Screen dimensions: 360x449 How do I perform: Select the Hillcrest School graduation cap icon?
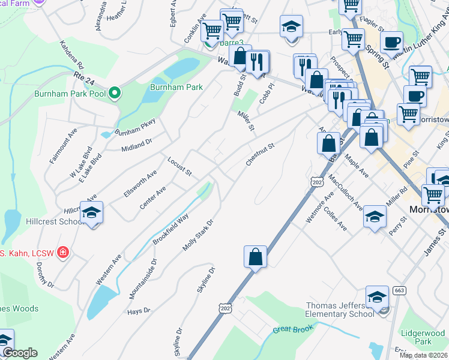point(92,213)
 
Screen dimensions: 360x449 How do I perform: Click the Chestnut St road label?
point(259,154)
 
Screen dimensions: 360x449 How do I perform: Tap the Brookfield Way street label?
point(170,229)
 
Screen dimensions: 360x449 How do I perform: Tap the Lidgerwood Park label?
point(423,337)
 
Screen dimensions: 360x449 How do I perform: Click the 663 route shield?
point(399,290)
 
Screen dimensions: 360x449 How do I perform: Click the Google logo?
point(20,353)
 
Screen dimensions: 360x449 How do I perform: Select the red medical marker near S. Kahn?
point(62,253)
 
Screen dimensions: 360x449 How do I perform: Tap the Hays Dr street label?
point(139,311)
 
